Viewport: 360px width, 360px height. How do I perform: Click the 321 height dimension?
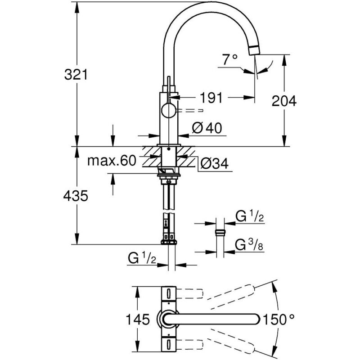point(76,75)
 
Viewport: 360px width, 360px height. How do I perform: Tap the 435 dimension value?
point(76,196)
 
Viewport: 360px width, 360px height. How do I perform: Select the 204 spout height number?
point(284,101)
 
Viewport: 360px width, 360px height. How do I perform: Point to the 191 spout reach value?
point(211,98)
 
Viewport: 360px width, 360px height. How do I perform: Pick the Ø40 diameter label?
point(207,128)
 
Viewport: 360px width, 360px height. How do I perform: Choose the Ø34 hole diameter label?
point(215,164)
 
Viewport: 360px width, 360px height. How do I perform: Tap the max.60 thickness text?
point(112,161)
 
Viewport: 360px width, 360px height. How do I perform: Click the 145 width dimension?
point(138,319)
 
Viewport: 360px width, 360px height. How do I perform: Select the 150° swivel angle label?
point(278,319)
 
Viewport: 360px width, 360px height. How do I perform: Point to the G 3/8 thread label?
point(249,245)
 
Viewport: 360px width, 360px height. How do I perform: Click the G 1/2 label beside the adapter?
point(250,216)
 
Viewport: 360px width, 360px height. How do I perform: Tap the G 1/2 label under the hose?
point(142,258)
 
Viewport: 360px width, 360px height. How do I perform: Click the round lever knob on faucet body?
point(169,110)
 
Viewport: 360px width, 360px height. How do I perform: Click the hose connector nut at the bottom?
point(169,242)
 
